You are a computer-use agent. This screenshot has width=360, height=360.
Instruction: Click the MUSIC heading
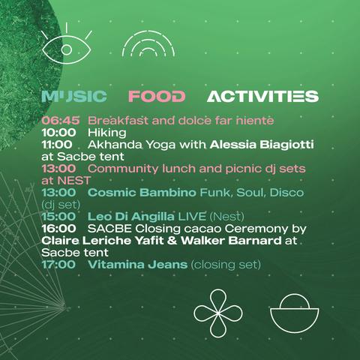[74, 97]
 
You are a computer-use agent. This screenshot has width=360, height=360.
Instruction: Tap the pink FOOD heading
[157, 97]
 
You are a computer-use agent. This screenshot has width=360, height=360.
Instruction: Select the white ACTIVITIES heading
[262, 97]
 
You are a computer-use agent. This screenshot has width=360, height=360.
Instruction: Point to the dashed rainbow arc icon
[148, 32]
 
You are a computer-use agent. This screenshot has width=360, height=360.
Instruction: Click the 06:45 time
[61, 121]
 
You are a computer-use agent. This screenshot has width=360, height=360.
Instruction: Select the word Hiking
[107, 133]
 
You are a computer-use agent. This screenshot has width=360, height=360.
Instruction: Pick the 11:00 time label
[57, 145]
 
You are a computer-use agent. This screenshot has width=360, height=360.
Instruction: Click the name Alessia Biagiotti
[262, 145]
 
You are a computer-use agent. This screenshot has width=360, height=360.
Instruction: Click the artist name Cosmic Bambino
[142, 193]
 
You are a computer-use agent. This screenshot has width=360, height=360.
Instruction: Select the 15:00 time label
[58, 217]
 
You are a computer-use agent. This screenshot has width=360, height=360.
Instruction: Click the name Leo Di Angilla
[131, 217]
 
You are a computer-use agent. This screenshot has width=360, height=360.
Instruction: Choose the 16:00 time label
[58, 229]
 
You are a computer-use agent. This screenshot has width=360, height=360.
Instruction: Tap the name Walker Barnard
[231, 241]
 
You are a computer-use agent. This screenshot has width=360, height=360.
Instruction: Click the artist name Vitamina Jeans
[137, 265]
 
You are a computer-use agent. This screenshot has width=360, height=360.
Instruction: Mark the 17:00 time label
[58, 265]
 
